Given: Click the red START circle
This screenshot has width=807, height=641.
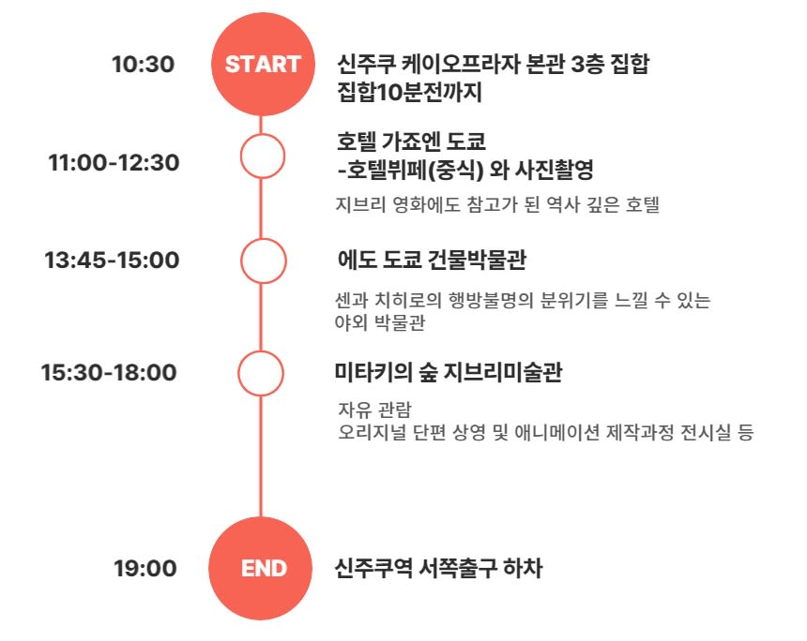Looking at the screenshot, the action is pos(263,65).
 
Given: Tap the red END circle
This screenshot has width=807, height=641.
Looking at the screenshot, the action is pos(261,568).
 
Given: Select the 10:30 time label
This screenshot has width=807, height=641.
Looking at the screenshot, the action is pos(143,65).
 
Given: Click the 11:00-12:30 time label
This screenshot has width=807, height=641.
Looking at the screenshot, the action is pos(114,162).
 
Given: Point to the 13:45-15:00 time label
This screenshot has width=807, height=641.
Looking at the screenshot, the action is pos(112,260).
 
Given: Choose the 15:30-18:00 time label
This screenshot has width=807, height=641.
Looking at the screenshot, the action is pos(109,372).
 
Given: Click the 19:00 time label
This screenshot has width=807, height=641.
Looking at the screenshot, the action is pos(145,568).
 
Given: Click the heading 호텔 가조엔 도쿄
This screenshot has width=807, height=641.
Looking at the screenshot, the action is pos(411,141).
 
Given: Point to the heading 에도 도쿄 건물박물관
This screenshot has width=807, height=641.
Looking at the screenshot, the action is pos(432,260).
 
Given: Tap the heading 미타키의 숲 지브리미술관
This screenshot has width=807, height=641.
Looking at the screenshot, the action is pos(449,372).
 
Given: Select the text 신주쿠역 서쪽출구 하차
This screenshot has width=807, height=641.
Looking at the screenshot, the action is pos(438,568).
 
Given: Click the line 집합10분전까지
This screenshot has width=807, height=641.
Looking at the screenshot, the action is pos(409,93).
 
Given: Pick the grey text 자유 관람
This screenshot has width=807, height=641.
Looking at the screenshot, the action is pos(374,410).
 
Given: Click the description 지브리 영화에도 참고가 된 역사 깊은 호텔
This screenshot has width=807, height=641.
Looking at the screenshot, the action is pos(497,204).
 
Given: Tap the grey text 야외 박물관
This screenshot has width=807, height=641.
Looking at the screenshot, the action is pos(380,322).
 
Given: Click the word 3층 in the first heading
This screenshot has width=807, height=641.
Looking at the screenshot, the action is pos(587,65).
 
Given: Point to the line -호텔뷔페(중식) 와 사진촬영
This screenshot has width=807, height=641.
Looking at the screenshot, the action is pos(465,169).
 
